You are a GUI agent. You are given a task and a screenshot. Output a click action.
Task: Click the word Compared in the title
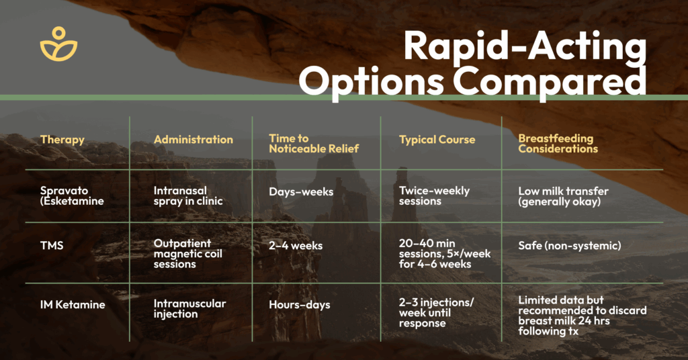click(x=550, y=81)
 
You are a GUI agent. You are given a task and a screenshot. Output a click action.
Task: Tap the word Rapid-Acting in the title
click(x=525, y=47)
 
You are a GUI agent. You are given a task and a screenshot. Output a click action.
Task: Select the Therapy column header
click(x=62, y=140)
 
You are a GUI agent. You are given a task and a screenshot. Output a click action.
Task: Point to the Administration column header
click(x=193, y=140)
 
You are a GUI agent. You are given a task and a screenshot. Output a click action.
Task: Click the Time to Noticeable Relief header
click(x=314, y=143)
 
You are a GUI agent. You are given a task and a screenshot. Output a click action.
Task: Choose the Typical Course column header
click(x=437, y=140)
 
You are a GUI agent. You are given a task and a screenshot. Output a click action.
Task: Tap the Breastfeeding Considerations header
click(x=558, y=143)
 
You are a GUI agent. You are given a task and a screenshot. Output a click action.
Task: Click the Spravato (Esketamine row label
click(x=72, y=196)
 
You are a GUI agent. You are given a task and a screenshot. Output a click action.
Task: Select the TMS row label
click(x=52, y=246)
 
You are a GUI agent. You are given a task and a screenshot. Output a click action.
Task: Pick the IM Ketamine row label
click(x=73, y=305)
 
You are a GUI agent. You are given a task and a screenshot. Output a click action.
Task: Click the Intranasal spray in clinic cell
click(x=188, y=196)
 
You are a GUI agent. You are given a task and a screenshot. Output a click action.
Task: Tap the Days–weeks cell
click(x=301, y=192)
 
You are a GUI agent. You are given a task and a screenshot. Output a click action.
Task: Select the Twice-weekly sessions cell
click(x=434, y=196)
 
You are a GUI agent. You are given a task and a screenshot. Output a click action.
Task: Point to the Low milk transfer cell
click(x=564, y=196)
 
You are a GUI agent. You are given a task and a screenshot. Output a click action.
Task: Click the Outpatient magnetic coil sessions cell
click(x=188, y=254)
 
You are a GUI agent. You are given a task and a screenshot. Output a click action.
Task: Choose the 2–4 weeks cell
click(x=296, y=246)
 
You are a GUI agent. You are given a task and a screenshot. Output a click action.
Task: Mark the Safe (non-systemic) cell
click(x=570, y=246)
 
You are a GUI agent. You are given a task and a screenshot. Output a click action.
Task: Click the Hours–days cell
click(x=300, y=305)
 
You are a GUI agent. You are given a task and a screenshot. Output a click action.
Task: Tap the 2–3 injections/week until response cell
click(x=436, y=312)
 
